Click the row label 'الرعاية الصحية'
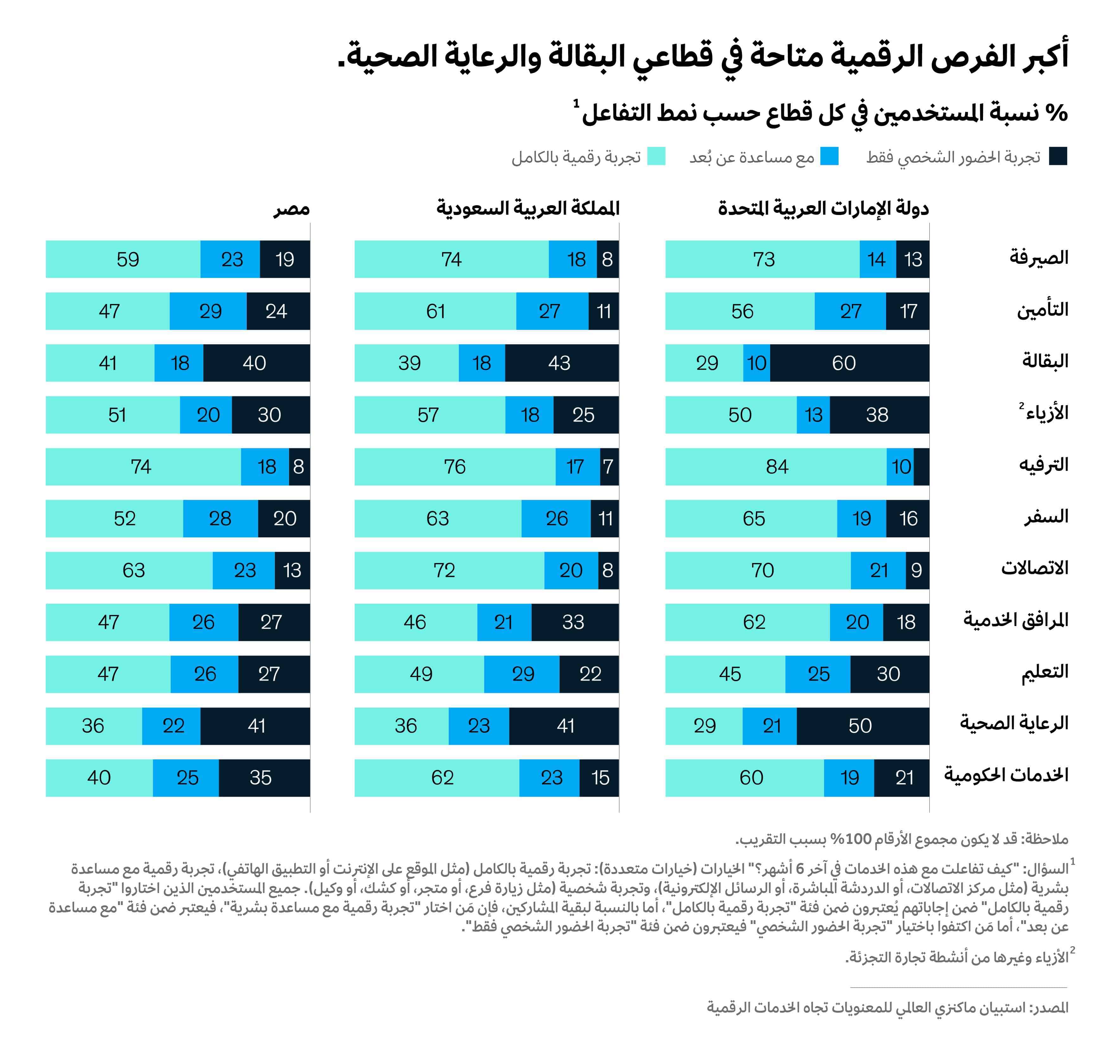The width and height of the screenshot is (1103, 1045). [x=1014, y=723]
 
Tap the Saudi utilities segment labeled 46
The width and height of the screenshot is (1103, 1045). [x=415, y=622]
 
